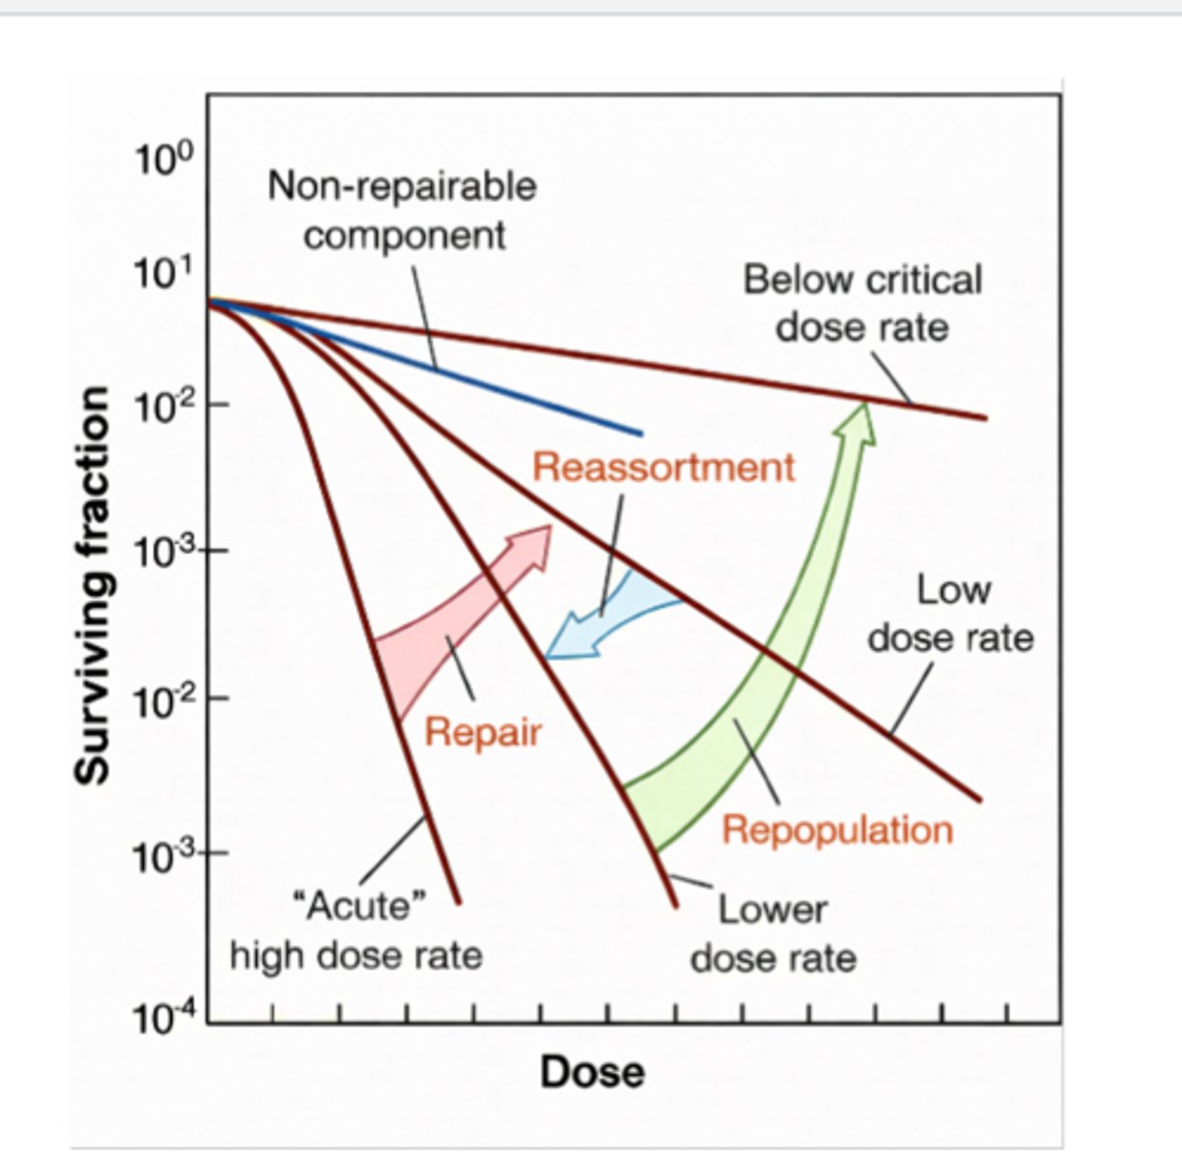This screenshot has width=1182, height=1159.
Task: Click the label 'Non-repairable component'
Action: click(403, 210)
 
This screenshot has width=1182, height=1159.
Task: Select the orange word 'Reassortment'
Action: click(664, 467)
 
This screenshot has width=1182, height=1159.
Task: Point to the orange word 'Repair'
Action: click(483, 732)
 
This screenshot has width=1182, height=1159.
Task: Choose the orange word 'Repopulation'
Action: click(837, 830)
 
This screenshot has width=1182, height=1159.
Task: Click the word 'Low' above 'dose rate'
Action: click(953, 589)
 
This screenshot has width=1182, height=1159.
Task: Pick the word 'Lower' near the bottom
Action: click(773, 910)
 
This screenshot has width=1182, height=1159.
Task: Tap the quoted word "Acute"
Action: click(358, 907)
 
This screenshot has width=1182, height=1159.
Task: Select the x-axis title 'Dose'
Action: click(592, 1072)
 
